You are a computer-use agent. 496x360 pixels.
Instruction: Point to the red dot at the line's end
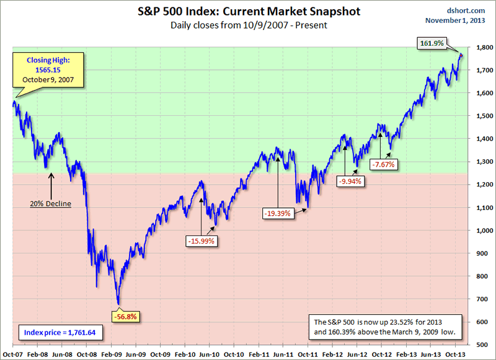(x=461, y=56)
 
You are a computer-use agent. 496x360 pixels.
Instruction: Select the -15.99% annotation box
(x=202, y=241)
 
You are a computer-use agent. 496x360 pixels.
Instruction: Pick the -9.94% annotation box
(x=351, y=182)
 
